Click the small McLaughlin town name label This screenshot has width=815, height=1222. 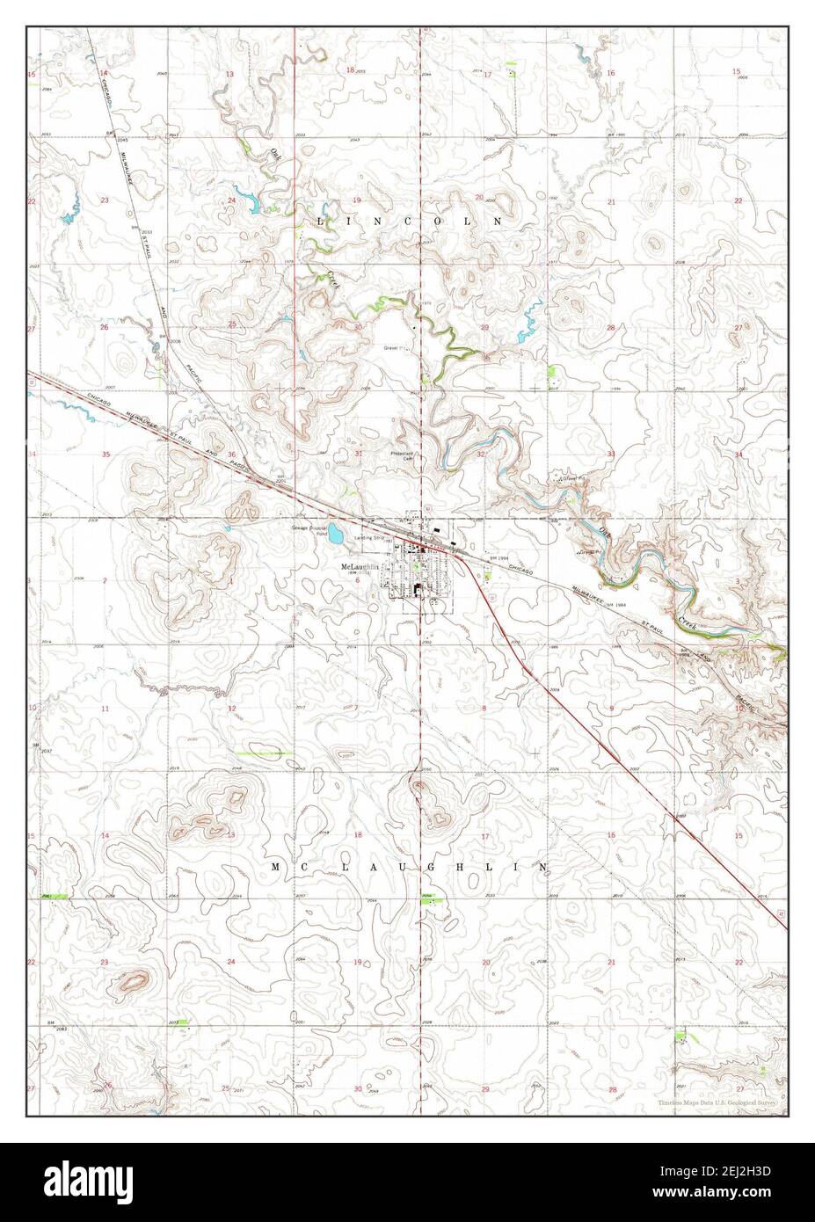pos(360,567)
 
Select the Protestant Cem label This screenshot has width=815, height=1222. pos(402,455)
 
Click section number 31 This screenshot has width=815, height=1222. pos(358,454)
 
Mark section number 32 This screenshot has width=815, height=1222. pos(482,455)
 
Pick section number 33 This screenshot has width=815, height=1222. pos(610,454)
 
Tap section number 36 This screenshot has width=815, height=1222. pos(232,455)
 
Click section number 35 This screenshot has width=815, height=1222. pos(105,455)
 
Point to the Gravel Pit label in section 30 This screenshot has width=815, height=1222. pos(397,348)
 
